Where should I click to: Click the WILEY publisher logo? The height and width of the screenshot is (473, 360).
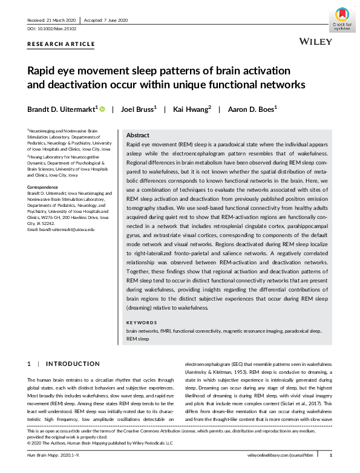coord(315,42)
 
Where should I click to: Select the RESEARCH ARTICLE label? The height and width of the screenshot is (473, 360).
coord(61,44)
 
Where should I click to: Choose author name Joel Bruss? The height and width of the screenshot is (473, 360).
coord(137,109)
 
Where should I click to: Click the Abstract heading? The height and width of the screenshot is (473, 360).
coord(137,135)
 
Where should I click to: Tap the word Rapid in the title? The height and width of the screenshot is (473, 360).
coord(43,70)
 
